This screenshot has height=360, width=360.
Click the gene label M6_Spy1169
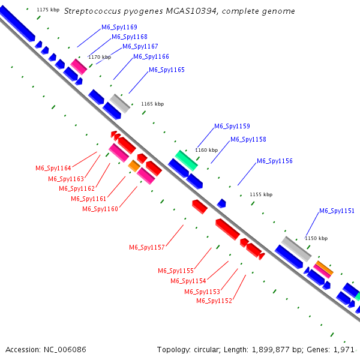click(119, 27)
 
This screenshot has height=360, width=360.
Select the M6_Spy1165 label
click(166, 70)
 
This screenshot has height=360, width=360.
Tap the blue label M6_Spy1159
click(232, 126)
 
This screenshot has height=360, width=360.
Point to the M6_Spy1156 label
click(275, 161)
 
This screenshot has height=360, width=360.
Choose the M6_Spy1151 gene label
click(337, 211)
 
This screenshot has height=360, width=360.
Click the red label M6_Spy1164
click(53, 168)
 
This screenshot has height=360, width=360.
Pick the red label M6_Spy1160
click(100, 209)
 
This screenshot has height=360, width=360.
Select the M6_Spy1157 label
click(147, 247)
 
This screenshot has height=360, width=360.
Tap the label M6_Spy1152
click(214, 301)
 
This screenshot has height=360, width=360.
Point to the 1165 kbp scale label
click(152, 104)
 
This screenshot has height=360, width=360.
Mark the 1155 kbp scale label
click(260, 194)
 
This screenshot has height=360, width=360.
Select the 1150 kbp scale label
click(316, 238)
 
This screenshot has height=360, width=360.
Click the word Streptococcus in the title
click(91, 11)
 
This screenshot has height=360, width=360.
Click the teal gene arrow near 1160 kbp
click(186, 160)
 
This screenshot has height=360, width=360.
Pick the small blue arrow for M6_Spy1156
click(221, 203)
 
